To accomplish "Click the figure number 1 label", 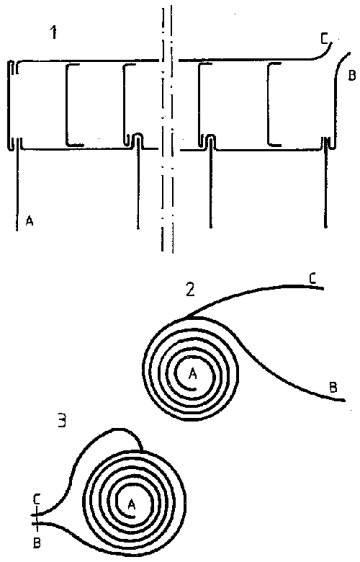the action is pos(54,33).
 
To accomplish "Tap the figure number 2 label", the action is pos(190,289).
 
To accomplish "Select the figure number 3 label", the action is pos(62,421).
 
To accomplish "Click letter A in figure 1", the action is pos(30,221).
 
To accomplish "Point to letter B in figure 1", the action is pos(352,76).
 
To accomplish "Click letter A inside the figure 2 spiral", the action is pos(193,374).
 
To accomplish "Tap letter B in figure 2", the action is pos(333,388).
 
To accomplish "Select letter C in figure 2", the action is pos(312,279).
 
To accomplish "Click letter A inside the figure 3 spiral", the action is pos(132,504).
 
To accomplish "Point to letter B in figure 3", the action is pos(37,543).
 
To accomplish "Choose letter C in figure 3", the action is pos(37,499).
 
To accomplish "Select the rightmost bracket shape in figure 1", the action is pos(269,104).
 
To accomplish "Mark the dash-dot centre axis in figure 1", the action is pos(166,129).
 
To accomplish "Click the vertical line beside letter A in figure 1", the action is pos(17,187).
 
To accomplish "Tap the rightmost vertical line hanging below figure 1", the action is pos(325,187).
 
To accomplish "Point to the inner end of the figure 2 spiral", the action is pos(196,388).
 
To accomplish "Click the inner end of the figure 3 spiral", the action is pos(134,516).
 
